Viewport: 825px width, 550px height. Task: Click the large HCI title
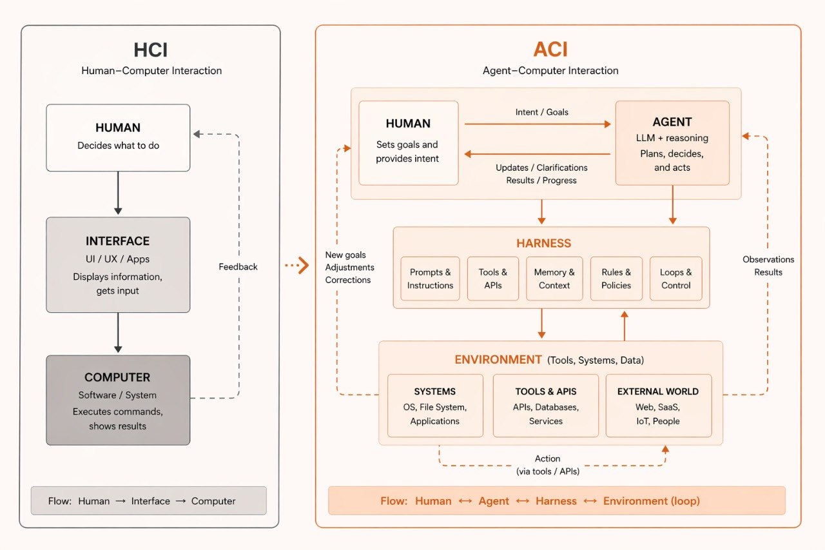coord(151,50)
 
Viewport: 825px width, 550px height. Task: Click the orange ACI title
coord(550,50)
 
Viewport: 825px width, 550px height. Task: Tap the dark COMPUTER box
coord(118,400)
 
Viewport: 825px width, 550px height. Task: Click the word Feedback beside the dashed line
coord(238,266)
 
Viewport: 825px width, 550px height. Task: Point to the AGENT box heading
coord(672,122)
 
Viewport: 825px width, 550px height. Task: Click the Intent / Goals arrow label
coord(542,112)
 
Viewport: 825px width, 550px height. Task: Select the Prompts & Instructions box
coord(430,279)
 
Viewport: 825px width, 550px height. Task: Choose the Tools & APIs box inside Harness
coord(493,279)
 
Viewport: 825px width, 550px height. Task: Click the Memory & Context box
coord(554,279)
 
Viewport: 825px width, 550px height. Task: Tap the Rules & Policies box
coord(616,279)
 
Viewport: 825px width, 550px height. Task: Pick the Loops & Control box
coord(675,279)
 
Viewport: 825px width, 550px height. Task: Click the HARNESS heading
coord(543,243)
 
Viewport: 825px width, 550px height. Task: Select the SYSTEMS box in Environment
coord(435,406)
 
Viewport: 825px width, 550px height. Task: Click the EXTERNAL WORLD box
coord(658,406)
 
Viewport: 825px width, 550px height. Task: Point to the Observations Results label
coord(768,266)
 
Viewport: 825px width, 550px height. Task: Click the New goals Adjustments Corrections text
coord(349,268)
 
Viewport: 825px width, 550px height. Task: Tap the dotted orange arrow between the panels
coord(296,265)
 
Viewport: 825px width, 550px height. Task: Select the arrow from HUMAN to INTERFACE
coord(118,193)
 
